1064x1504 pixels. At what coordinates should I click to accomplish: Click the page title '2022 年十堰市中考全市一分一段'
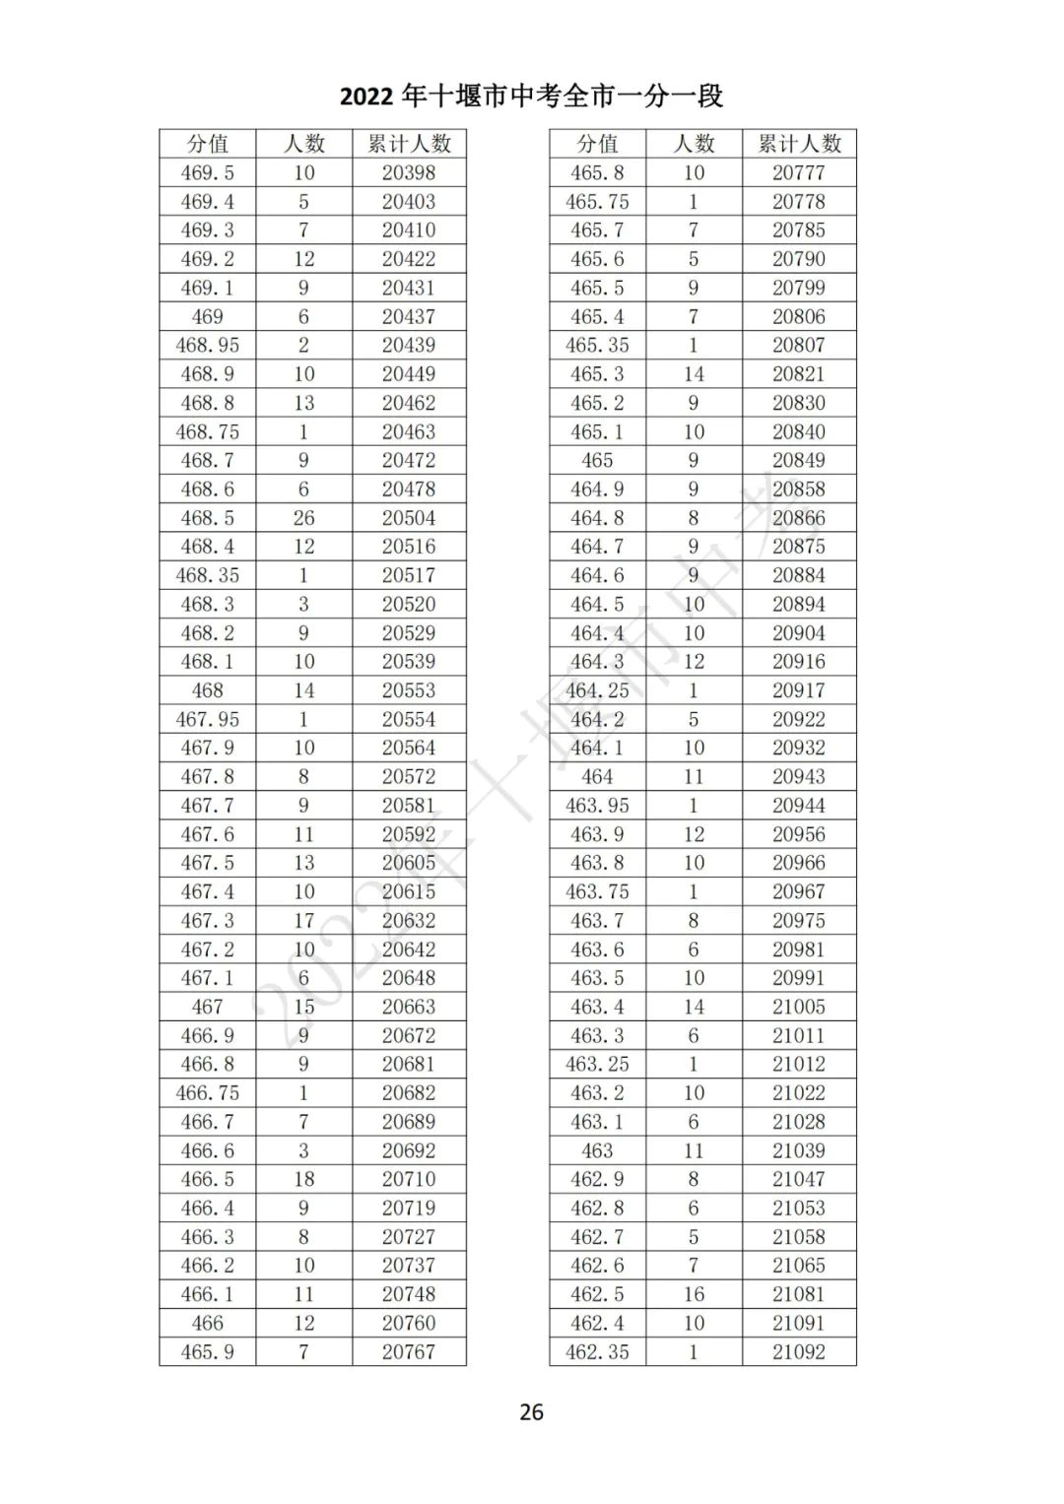[531, 96]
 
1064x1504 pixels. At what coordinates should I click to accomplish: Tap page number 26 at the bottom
[531, 1411]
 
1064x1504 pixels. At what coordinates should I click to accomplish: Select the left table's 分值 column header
[207, 144]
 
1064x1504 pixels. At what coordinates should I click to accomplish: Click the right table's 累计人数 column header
[799, 144]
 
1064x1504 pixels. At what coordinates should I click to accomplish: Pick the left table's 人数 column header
[303, 144]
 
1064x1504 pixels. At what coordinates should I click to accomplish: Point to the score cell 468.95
[207, 346]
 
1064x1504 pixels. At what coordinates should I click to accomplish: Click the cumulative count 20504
[409, 518]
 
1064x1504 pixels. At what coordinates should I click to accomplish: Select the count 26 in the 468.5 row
[303, 518]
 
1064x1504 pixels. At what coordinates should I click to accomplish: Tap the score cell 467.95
[207, 719]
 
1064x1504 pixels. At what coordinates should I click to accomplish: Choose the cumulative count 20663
[409, 1007]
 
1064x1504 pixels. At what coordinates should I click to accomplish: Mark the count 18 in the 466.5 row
[303, 1179]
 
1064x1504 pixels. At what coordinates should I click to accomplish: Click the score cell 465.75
[597, 202]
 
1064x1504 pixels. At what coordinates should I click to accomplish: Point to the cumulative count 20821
[799, 374]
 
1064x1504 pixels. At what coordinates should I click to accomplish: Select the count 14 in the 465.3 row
[694, 374]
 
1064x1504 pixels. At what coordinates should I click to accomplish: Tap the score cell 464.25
[597, 690]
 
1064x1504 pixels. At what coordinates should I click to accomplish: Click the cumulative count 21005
[799, 1007]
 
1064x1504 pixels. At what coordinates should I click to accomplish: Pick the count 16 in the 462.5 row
[694, 1294]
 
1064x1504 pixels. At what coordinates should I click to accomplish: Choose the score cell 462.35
[597, 1352]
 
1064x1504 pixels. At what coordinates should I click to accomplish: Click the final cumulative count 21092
[799, 1352]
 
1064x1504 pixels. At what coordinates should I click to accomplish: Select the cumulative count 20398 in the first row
[409, 173]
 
